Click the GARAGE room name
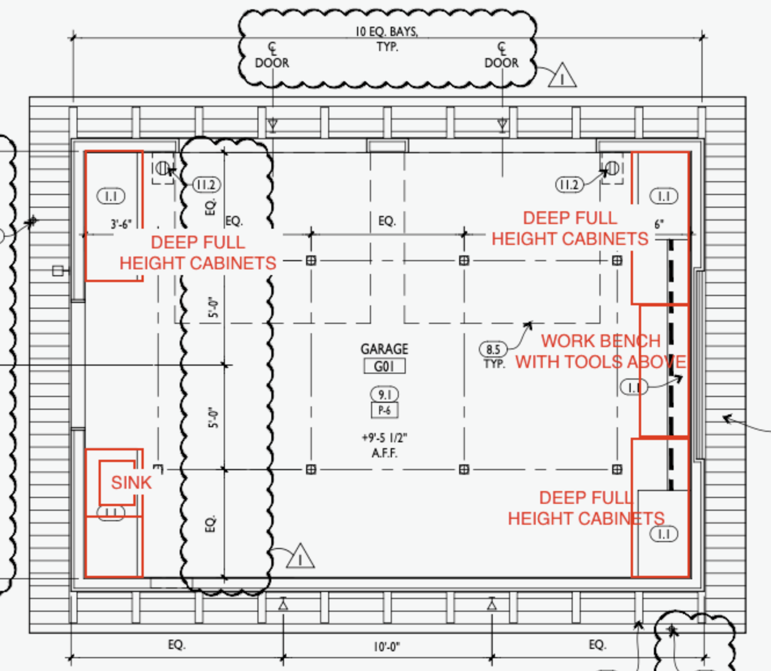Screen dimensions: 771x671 [x=384, y=349]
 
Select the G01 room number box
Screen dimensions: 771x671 [x=384, y=366]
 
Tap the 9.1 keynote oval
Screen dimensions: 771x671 [x=384, y=395]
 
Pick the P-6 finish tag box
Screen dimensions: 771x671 [x=384, y=410]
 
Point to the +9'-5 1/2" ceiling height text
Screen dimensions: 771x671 [x=384, y=438]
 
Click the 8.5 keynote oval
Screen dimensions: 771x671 [x=493, y=349]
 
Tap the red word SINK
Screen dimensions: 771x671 [x=131, y=482]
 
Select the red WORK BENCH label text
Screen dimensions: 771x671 [x=601, y=341]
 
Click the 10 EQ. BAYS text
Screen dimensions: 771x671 [x=387, y=32]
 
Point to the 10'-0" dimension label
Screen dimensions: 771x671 [x=387, y=647]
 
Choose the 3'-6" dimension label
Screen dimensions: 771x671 [x=121, y=225]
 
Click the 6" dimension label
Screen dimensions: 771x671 [x=659, y=225]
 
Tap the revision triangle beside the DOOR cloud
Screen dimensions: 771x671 [x=562, y=75]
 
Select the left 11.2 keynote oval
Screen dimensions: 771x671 [x=206, y=185]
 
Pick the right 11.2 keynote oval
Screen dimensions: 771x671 [x=569, y=185]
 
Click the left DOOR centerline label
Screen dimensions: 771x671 [x=272, y=63]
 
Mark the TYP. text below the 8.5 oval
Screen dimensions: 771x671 [x=494, y=364]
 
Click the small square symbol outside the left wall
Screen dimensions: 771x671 [x=57, y=271]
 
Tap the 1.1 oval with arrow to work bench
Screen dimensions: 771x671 [x=634, y=387]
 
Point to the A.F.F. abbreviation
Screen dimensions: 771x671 [x=384, y=453]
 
